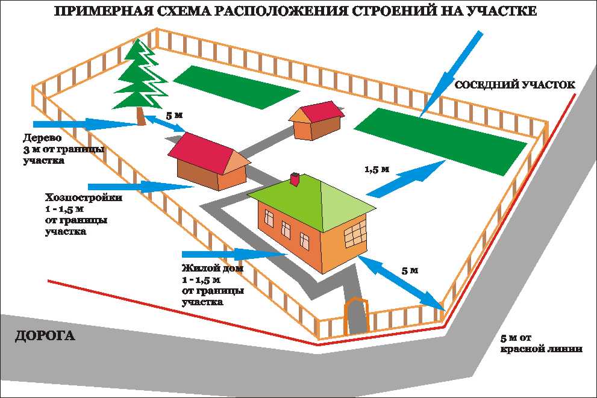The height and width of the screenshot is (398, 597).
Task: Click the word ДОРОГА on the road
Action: [45, 336]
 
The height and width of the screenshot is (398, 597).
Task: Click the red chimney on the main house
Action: [295, 179]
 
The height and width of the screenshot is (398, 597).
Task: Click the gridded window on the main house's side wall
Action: [355, 235]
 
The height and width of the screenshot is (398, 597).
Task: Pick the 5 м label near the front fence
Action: [409, 270]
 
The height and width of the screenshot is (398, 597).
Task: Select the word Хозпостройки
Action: [84, 197]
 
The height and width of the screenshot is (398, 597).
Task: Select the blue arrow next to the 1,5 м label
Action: [407, 178]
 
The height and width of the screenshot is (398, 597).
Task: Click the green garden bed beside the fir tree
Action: [236, 87]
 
